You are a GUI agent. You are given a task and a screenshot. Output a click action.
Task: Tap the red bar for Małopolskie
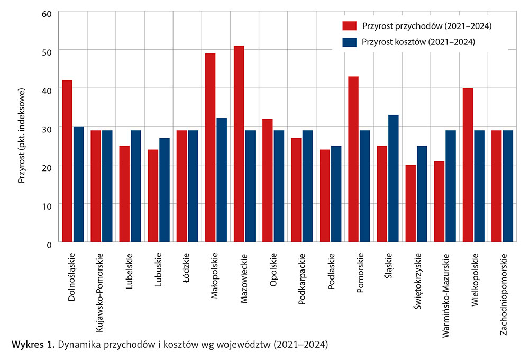pos(210,148)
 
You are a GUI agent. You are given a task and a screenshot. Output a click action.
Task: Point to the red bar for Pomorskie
pos(353,159)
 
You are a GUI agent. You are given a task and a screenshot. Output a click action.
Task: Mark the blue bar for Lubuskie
pos(165,190)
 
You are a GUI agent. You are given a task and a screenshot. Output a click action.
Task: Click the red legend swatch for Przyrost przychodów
pos(350,25)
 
